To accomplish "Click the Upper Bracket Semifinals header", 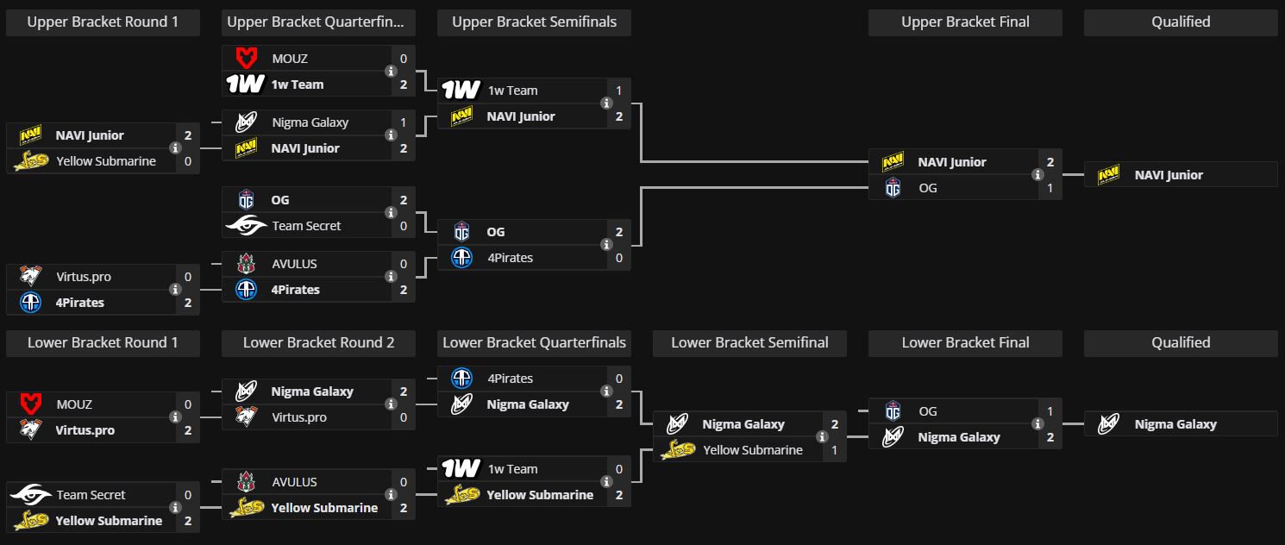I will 534,22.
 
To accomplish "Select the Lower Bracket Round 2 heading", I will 318,342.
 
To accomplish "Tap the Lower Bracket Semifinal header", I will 749,342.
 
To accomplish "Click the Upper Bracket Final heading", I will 965,22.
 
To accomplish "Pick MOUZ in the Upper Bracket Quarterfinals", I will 290,59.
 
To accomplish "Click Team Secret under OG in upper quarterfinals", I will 306,226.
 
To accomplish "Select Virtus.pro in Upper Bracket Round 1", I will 84,277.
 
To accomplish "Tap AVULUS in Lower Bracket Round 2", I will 294,482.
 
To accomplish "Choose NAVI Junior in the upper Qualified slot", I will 1169,175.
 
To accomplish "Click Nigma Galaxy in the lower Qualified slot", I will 1175,424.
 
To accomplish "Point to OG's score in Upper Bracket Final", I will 1050,188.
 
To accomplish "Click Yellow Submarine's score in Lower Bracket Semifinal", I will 835,450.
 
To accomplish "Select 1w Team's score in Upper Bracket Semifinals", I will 619,91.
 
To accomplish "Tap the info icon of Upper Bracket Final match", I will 1037,175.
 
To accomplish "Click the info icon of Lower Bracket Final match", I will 1037,424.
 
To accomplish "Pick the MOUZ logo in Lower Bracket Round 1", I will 31,404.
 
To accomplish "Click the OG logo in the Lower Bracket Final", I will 893,411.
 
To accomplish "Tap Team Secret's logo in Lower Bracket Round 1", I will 31,495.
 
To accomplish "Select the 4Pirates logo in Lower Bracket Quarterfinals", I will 461,379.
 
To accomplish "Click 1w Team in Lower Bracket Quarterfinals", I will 512,469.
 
